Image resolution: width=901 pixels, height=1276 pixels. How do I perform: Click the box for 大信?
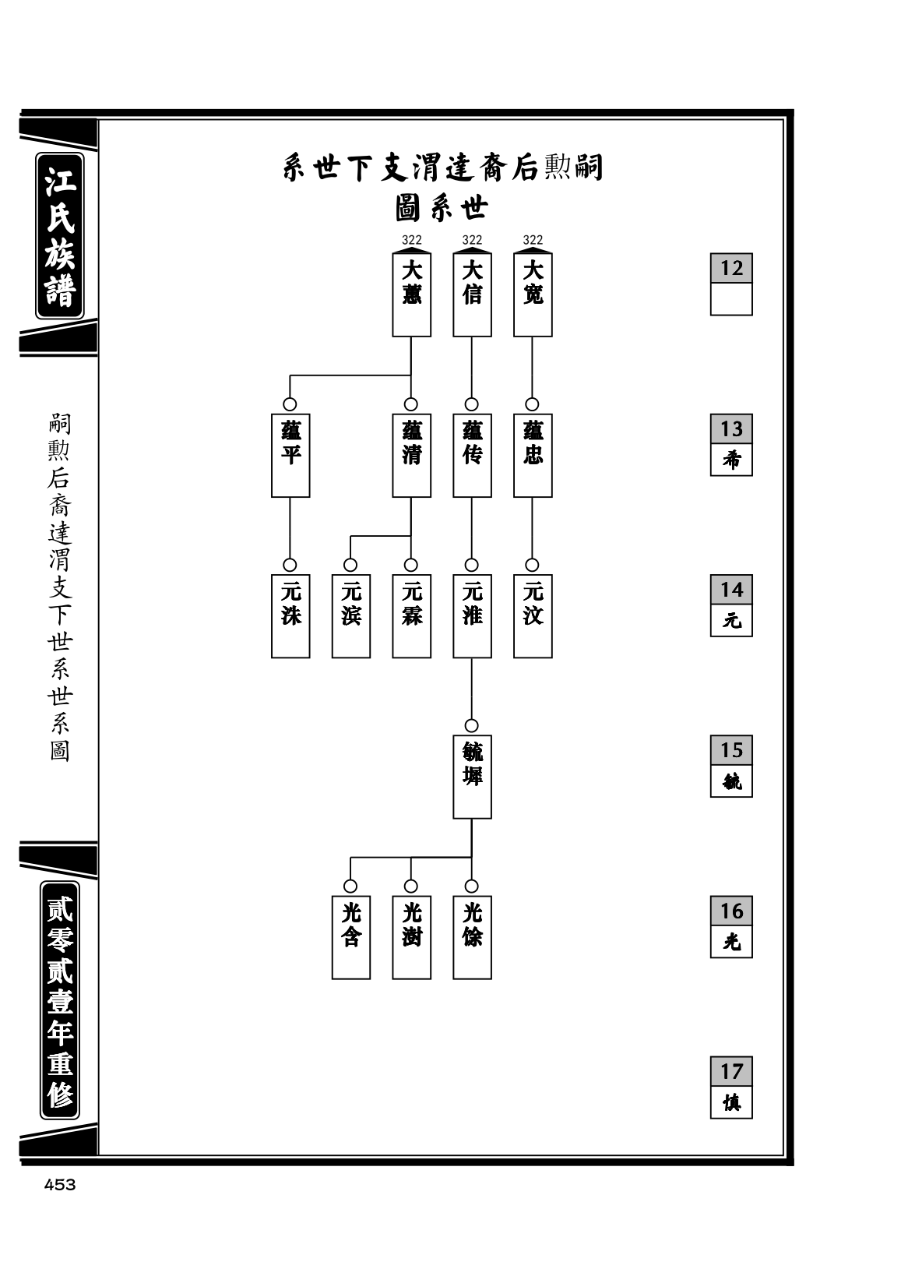pyautogui.click(x=472, y=294)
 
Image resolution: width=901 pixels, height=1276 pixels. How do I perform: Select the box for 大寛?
pyautogui.click(x=533, y=294)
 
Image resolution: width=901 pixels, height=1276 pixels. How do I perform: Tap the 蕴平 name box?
pyautogui.click(x=290, y=455)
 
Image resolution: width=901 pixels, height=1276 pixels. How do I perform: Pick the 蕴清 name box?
pyautogui.click(x=411, y=455)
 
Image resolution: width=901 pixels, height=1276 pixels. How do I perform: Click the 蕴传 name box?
pyautogui.click(x=472, y=455)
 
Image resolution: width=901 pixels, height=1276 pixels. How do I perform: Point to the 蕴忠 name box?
pyautogui.click(x=533, y=455)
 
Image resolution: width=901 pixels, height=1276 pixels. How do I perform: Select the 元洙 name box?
pyautogui.click(x=290, y=615)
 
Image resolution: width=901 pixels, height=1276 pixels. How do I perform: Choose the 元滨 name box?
pyautogui.click(x=351, y=615)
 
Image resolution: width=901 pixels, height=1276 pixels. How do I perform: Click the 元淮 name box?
pyautogui.click(x=472, y=615)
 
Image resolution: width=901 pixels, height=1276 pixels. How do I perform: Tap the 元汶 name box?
pyautogui.click(x=533, y=615)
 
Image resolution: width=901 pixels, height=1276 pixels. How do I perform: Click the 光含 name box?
pyautogui.click(x=351, y=937)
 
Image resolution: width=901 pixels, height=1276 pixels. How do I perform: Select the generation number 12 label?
pyautogui.click(x=731, y=268)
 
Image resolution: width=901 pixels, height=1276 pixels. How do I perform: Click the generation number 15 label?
pyautogui.click(x=731, y=750)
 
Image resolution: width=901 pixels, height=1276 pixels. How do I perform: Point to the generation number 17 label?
pyautogui.click(x=731, y=1071)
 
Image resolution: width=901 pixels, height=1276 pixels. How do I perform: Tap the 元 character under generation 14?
pyautogui.click(x=731, y=620)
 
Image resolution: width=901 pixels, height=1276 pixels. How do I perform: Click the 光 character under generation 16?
pyautogui.click(x=731, y=942)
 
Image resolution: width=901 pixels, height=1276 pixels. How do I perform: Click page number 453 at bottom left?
pyautogui.click(x=60, y=1185)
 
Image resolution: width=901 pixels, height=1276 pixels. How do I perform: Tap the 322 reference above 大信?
pyautogui.click(x=472, y=240)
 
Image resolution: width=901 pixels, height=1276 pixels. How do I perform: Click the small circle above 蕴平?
pyautogui.click(x=290, y=404)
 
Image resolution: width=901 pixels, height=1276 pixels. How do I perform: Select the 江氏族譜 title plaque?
pyautogui.click(x=60, y=235)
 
